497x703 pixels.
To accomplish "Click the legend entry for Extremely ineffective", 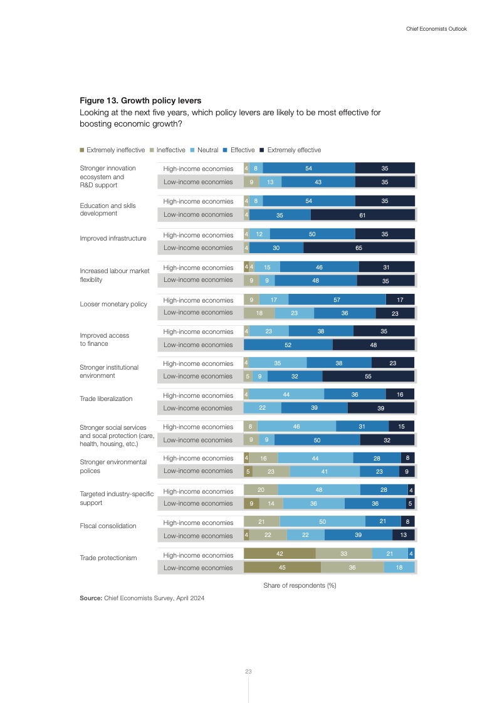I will (115, 150).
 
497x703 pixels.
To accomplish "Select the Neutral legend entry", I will (207, 150).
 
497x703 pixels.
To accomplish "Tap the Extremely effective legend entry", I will (294, 150).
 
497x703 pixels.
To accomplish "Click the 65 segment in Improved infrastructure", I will (358, 247).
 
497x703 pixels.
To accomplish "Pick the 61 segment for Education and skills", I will (362, 215).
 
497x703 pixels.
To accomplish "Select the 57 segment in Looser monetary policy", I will (337, 299).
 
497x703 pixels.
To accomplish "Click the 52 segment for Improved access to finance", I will (288, 345).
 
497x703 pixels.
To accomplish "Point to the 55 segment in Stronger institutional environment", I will (368, 377).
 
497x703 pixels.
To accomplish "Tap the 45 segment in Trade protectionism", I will (282, 568).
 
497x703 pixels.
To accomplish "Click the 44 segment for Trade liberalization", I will (286, 395).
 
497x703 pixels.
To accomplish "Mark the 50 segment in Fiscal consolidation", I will (322, 522).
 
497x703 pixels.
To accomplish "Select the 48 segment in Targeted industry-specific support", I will (319, 491).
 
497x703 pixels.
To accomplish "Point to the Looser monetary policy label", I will (113, 305).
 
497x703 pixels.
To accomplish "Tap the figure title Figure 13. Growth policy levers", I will (140, 100).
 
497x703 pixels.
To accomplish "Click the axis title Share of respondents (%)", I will (297, 585).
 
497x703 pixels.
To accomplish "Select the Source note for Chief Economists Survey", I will (142, 598).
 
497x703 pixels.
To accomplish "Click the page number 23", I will (248, 672).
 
